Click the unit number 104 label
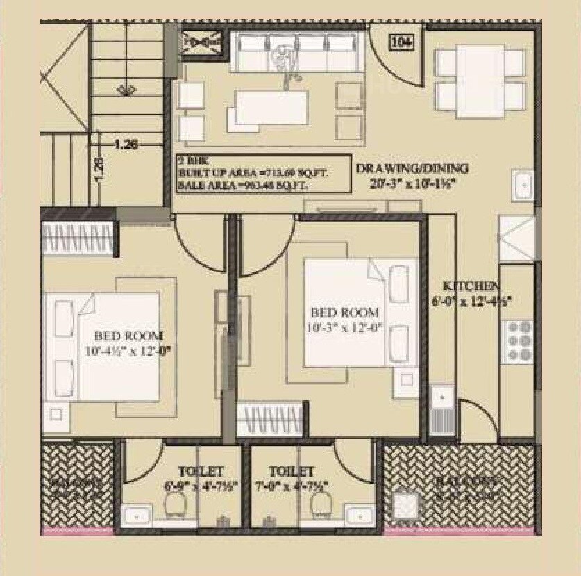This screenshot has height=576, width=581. (403, 42)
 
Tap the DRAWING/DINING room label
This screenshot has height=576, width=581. (412, 168)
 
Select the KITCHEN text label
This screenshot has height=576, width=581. (471, 286)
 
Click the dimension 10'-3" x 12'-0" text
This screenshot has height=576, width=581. (345, 327)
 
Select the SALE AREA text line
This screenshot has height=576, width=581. (242, 185)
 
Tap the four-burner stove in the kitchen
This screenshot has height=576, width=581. (516, 340)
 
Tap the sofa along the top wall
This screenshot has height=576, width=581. (298, 54)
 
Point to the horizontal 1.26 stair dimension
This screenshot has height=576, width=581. (126, 145)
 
